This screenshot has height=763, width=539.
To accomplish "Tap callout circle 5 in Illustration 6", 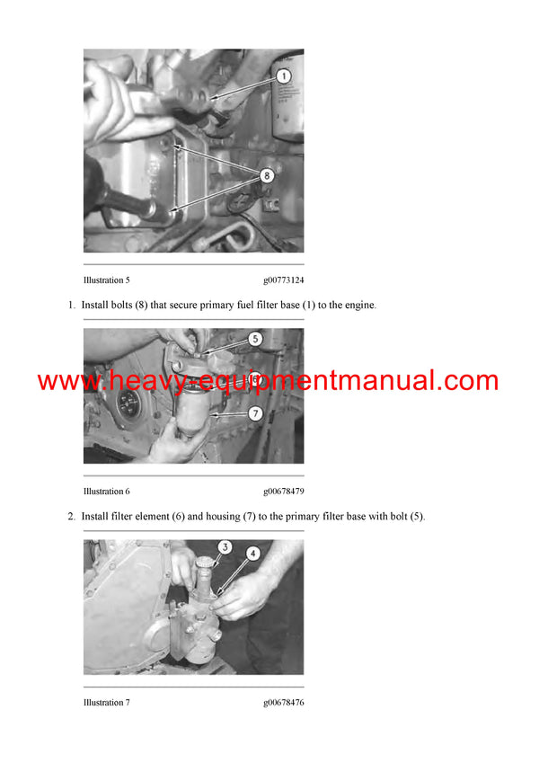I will pyautogui.click(x=255, y=340).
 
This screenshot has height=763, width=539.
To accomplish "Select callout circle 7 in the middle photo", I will pyautogui.click(x=255, y=413).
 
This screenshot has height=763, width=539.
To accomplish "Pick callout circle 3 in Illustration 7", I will pyautogui.click(x=225, y=546).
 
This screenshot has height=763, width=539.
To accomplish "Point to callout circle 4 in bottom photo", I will pyautogui.click(x=253, y=554).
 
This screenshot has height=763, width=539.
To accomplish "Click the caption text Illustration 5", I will pyautogui.click(x=107, y=280).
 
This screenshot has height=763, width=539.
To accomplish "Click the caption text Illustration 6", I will pyautogui.click(x=107, y=492).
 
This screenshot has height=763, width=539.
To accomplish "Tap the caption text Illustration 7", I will pyautogui.click(x=107, y=703).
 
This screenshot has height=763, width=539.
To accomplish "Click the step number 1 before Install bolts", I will pyautogui.click(x=71, y=306).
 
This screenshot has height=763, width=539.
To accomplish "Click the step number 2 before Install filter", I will pyautogui.click(x=71, y=517).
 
